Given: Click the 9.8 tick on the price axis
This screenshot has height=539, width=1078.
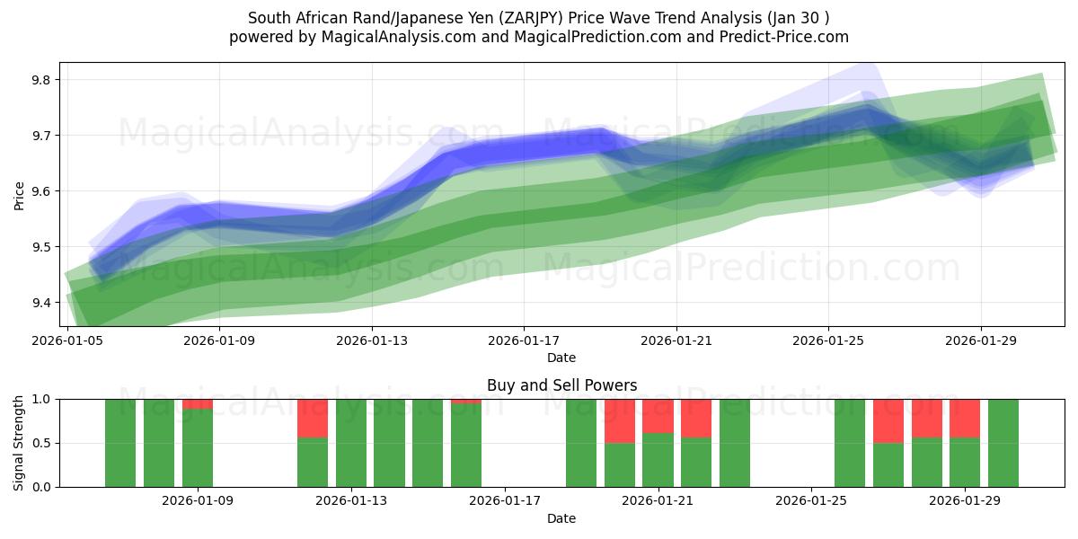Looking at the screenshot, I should coord(41,80).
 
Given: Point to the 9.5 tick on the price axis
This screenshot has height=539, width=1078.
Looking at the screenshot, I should coord(41,247).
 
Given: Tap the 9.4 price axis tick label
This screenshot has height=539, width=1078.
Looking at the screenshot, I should coord(41,303).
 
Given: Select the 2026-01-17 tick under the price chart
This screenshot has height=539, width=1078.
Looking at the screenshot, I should coord(524,341).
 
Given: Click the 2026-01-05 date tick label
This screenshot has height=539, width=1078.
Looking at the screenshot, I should coord(67,341).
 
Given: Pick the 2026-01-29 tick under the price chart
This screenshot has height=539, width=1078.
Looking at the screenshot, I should coord(980,341).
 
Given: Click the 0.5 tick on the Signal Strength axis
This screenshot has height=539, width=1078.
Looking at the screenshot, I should coord(41,443).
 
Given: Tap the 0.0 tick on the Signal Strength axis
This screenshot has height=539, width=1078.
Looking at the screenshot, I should coord(41,487).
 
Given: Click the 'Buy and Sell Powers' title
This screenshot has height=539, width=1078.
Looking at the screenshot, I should coord(561,385).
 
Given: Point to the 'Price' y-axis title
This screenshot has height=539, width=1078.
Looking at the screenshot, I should coord(20,194).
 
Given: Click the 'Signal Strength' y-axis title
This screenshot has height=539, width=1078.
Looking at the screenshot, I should coord(20,443).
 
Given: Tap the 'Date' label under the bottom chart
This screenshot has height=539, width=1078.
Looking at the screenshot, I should coord(561,518).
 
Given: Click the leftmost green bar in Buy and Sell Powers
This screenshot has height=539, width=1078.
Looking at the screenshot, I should coord(120,443).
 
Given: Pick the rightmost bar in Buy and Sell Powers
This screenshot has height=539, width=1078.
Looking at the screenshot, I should coord(1003,443).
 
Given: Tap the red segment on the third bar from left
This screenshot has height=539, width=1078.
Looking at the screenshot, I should coord(198,404).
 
